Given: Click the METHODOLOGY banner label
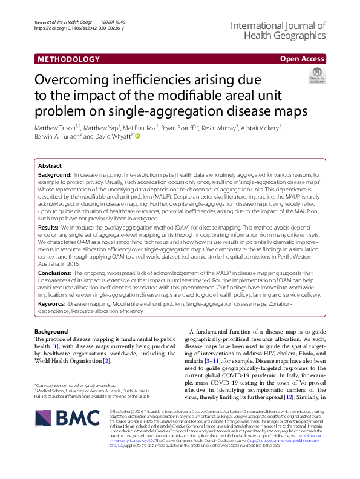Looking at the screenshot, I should point(68,59).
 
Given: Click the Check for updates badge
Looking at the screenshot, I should point(316,76).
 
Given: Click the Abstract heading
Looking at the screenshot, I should point(50,165).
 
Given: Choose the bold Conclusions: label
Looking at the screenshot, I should point(54,274).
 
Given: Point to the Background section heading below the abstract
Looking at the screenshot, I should point(51,332).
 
